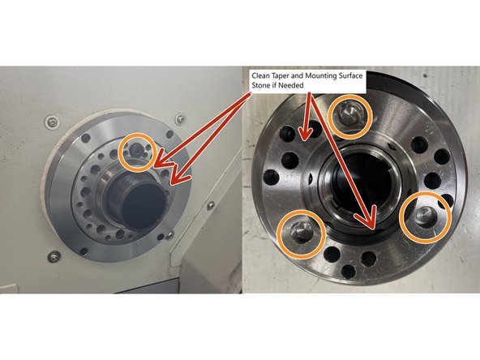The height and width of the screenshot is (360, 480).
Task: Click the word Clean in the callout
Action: tap(260, 76)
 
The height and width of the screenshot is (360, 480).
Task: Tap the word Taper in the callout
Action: tap(280, 76)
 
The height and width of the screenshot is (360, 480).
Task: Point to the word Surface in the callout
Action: tap(351, 76)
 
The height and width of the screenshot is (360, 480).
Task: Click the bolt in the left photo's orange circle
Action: tap(135, 151)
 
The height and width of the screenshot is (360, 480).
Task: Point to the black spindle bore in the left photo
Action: tap(143, 203)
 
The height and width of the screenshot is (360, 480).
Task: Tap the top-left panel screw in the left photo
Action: tap(52, 122)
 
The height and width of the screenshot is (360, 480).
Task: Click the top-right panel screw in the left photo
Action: tap(181, 118)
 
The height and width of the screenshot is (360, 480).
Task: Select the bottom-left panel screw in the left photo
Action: tap(54, 256)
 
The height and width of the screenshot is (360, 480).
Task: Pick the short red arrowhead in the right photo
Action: tap(306, 134)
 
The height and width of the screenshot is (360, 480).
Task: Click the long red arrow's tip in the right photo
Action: tap(373, 229)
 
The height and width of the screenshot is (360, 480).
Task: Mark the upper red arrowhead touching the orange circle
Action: tap(163, 163)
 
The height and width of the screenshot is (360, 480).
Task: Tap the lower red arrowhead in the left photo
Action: tap(181, 177)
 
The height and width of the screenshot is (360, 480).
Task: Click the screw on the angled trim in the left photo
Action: tap(210, 205)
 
